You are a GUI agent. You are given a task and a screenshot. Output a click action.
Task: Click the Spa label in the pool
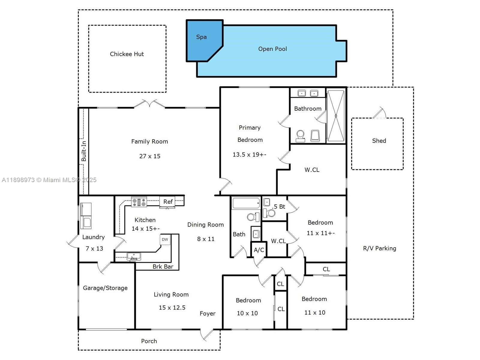[x=201, y=37]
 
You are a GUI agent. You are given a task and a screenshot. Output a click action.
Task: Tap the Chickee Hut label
[x=127, y=54]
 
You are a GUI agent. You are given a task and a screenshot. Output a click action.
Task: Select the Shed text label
[x=379, y=141]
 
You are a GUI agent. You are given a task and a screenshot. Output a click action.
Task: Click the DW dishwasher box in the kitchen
[x=165, y=239]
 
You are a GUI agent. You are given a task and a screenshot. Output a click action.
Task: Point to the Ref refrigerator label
[x=168, y=202]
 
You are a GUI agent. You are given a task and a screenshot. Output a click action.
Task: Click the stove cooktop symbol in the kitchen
[x=139, y=202]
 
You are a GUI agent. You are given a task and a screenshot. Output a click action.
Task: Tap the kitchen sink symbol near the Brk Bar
[x=134, y=256]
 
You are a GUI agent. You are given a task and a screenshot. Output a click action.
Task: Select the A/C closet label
[x=259, y=250]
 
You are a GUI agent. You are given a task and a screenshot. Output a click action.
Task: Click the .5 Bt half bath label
[x=279, y=206]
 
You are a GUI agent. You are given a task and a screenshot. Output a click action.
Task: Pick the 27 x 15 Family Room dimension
[x=150, y=156]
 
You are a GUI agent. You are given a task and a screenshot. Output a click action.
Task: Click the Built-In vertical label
[x=84, y=151]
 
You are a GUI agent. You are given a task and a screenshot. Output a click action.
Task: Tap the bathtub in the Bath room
[x=246, y=203]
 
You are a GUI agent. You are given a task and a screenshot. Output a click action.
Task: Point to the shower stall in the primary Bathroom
[x=336, y=115]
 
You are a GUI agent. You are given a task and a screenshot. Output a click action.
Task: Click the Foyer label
[x=207, y=313]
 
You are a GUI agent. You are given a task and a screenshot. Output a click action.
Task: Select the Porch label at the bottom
[x=149, y=341]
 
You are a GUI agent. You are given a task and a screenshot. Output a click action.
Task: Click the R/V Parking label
[x=379, y=248]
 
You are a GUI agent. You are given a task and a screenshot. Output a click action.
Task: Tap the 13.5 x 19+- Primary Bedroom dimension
[x=249, y=154]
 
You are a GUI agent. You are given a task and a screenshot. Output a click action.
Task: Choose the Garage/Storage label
[x=105, y=288]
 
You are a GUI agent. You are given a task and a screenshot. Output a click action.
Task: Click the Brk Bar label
[x=163, y=266]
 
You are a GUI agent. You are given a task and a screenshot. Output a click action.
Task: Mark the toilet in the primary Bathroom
[x=300, y=136]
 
